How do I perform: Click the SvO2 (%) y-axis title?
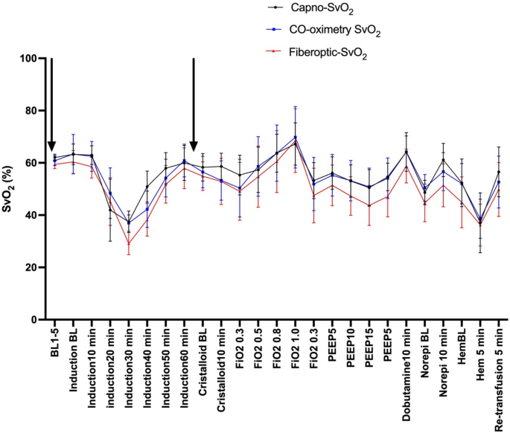[x=10, y=189]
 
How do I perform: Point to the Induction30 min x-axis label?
[x=129, y=365]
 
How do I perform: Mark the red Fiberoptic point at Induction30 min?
[x=129, y=243]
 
